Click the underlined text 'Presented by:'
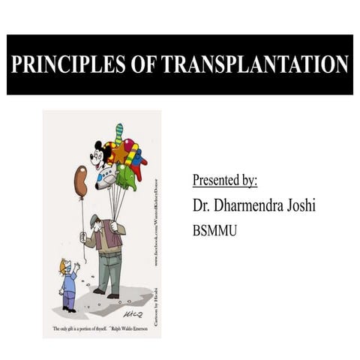coord(225,181)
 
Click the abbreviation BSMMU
coord(215,230)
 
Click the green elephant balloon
coord(125,178)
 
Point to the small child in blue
coord(67,283)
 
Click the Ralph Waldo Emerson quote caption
coord(100,329)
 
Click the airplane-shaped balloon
coord(108,175)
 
